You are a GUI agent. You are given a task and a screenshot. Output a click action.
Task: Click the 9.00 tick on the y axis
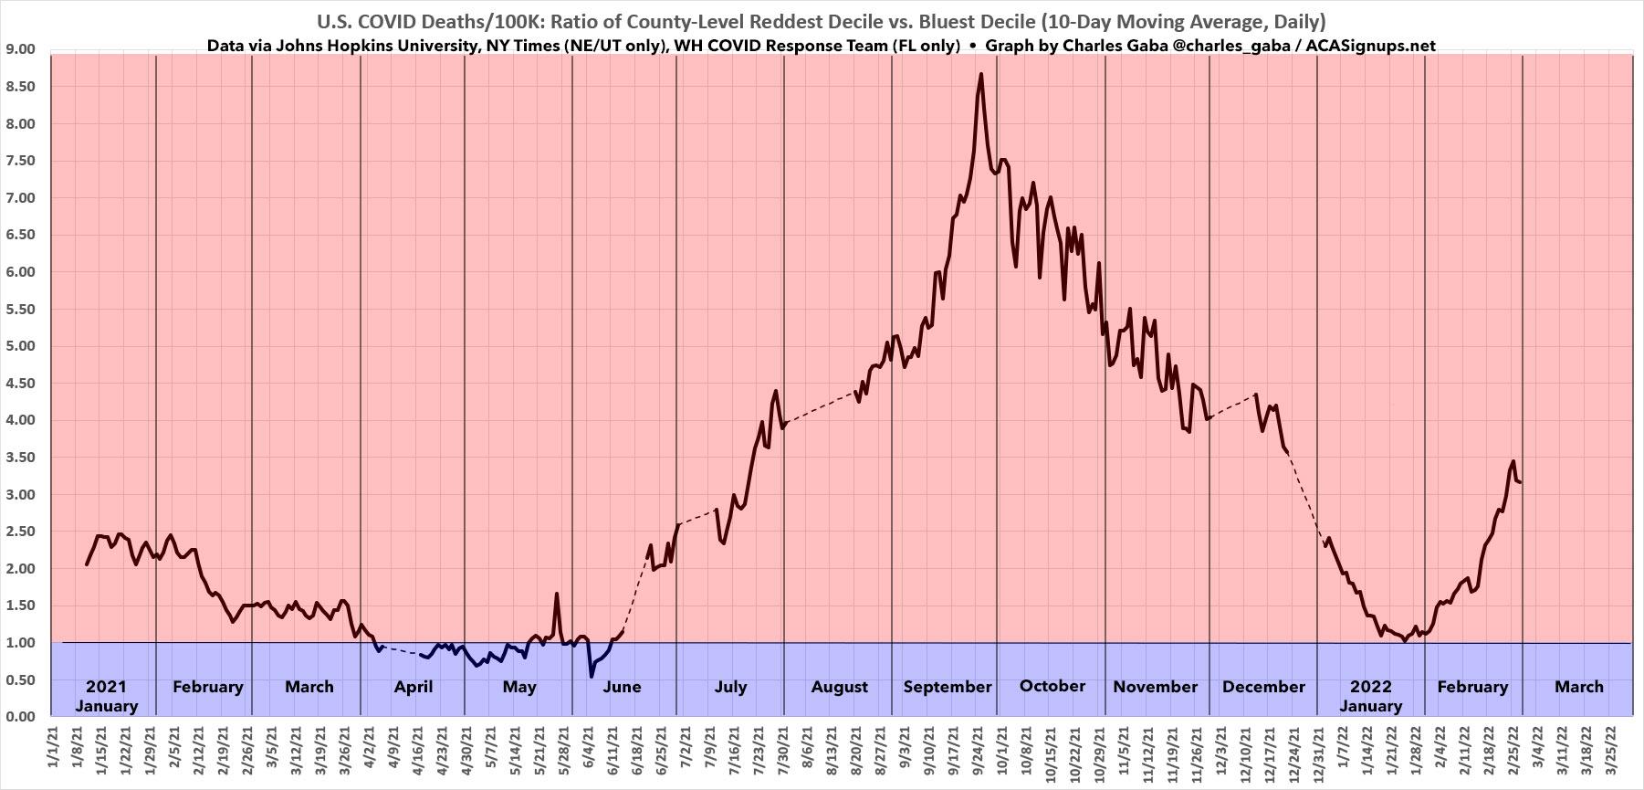pos(20,49)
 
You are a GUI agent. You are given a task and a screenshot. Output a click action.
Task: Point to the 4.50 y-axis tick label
pos(20,384)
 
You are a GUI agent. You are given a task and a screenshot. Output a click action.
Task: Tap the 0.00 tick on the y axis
pos(20,717)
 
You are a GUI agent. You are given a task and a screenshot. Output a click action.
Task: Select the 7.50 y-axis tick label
pos(20,161)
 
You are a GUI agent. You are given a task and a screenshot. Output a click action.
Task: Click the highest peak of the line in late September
pos(980,74)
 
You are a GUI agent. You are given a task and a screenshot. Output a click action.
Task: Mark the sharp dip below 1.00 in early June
pos(591,676)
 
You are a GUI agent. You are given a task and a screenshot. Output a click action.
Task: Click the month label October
pos(1052,686)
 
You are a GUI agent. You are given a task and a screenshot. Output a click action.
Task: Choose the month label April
pos(413,687)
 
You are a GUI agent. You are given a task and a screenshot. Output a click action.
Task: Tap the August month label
pos(839,687)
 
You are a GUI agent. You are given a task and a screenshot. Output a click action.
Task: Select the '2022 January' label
pos(1370,696)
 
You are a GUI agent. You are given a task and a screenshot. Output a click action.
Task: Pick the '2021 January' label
pos(106,696)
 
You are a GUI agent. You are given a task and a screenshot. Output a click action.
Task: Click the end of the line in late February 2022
pos(1520,482)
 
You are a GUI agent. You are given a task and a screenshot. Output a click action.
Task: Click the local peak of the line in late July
pos(775,392)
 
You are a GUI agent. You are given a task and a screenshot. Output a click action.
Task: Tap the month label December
pos(1262,687)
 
